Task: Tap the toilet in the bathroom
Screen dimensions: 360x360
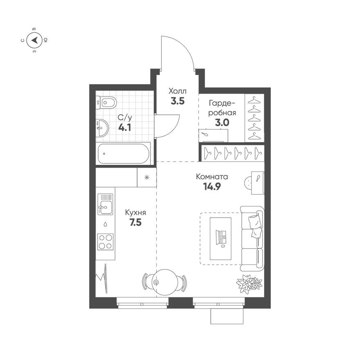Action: point(106,102)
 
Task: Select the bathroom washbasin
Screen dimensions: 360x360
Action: point(101,128)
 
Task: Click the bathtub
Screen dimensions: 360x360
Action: point(124,154)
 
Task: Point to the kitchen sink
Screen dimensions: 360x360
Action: point(105,204)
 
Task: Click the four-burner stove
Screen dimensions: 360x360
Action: point(105,241)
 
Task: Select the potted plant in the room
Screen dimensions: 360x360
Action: point(249,283)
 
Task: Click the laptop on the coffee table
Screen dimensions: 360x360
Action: point(221,238)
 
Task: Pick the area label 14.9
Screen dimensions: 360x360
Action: point(211,187)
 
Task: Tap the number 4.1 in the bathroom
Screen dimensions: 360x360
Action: point(125,127)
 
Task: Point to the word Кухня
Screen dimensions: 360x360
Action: point(135,213)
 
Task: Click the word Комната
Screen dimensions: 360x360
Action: point(211,177)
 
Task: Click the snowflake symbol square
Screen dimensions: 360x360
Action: point(146,178)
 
